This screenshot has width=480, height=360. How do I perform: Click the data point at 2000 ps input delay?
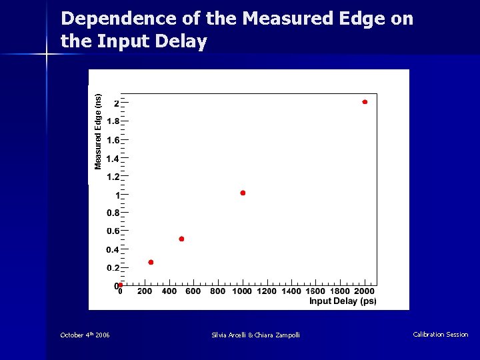[x=365, y=102]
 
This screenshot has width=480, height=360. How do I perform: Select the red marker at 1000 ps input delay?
[x=243, y=193]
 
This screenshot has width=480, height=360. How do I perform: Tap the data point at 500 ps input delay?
[x=181, y=239]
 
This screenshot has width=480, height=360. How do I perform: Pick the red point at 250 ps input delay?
[x=151, y=262]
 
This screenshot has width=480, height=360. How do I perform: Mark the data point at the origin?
[x=121, y=285]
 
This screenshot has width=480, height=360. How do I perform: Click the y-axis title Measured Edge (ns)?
[x=98, y=131]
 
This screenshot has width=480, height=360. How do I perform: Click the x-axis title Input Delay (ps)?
[x=343, y=301]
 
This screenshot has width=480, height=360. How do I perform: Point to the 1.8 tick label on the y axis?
[x=113, y=122]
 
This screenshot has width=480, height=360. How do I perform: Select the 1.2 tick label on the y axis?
[x=113, y=177]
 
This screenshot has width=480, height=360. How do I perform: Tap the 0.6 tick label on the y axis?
[x=113, y=232]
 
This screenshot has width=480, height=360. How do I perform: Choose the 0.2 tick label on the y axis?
[x=113, y=268]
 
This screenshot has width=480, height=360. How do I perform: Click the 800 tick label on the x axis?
[x=218, y=291]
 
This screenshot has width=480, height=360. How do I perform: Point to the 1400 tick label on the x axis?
[x=291, y=291]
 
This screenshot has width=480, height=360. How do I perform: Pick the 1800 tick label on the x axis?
[x=340, y=291]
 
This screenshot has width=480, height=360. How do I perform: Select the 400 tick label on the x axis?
[x=169, y=291]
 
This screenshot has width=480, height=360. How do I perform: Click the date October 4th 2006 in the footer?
[x=85, y=335]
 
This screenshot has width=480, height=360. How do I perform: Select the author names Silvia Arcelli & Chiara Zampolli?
[x=255, y=335]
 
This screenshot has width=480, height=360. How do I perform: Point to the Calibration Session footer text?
[x=440, y=335]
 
